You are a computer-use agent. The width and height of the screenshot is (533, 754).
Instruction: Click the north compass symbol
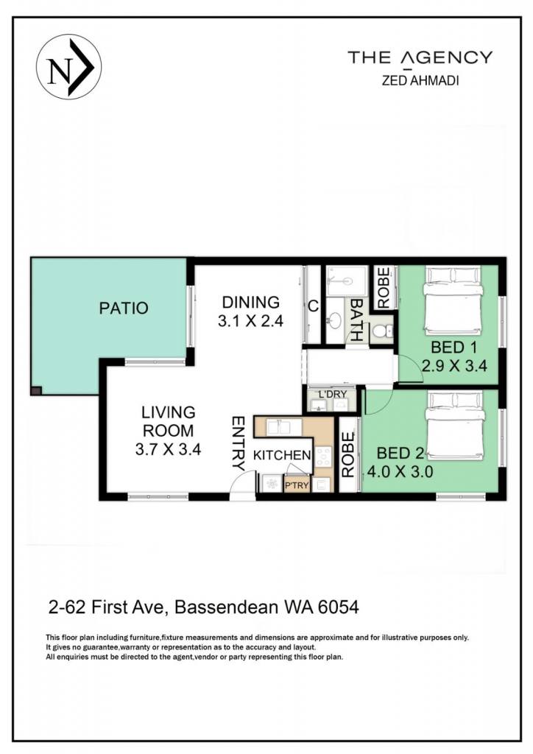(x=68, y=67)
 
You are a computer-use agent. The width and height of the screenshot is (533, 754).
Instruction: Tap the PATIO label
(x=124, y=308)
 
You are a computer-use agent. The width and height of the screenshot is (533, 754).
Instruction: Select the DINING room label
(x=250, y=302)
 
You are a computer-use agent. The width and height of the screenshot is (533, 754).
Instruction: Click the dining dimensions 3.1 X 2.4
(x=250, y=321)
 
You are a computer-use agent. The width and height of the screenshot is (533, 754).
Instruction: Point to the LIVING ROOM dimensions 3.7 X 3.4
(x=168, y=450)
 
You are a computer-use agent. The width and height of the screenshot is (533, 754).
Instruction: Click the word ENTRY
(x=239, y=443)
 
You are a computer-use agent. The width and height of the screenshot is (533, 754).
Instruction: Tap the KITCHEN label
(x=282, y=455)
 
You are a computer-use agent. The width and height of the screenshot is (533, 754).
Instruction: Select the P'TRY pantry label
(x=297, y=485)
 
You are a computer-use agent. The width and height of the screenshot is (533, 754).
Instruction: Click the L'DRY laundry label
(x=332, y=395)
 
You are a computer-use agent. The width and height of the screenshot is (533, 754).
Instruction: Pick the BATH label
(x=356, y=320)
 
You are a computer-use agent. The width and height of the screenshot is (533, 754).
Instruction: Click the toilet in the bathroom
(x=383, y=331)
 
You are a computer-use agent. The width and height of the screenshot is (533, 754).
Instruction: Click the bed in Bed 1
(x=453, y=301)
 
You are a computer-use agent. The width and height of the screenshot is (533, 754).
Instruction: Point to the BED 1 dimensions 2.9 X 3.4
(x=454, y=366)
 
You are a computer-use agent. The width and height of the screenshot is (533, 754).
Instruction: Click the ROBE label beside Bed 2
(x=348, y=454)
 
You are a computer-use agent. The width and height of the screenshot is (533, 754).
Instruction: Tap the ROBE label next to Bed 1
(x=384, y=288)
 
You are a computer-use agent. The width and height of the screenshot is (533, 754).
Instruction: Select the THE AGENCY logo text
(x=420, y=57)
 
